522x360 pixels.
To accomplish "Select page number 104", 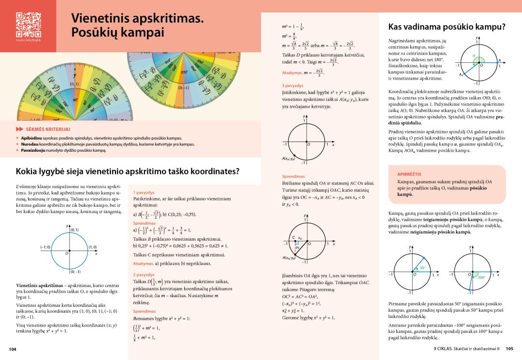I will [x=13, y=348].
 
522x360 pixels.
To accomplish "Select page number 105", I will [x=509, y=348].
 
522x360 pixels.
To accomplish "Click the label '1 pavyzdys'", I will [x=143, y=192].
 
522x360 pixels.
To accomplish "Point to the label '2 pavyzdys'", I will [x=143, y=274].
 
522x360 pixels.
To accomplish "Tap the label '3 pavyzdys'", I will [x=292, y=85].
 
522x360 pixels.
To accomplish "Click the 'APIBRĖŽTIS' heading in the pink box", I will [x=408, y=173].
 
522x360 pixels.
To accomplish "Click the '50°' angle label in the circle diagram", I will [x=422, y=268].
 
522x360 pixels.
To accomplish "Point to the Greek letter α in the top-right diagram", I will [x=474, y=56].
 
